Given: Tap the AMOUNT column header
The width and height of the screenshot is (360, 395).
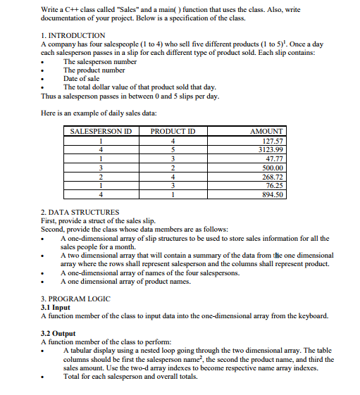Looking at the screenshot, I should coord(266,131).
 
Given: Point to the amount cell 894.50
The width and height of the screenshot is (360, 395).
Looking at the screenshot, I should coord(271,194).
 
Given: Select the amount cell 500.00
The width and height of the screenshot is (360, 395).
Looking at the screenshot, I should coord(271,168).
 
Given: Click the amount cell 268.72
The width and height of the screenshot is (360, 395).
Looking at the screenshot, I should coord(271,176).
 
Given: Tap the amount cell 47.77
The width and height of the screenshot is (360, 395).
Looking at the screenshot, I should coord(273,158).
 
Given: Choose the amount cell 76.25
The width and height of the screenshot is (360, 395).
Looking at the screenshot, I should coord(273,185).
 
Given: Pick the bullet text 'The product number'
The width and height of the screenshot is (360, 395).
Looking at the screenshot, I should coord(94,70).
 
